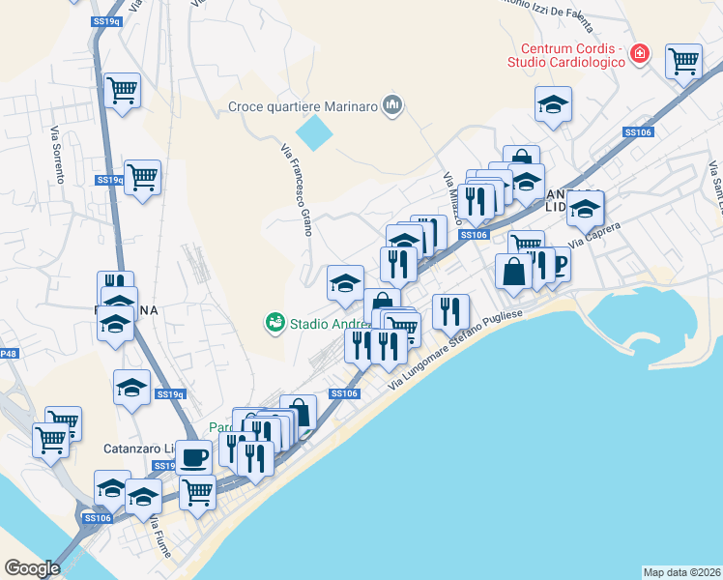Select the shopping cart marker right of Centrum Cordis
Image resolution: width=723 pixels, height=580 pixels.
(683, 62)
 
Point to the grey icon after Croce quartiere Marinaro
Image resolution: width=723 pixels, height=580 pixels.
(391, 104)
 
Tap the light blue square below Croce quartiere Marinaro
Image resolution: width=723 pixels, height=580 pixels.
(312, 131)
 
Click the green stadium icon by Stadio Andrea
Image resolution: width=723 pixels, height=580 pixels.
(275, 323)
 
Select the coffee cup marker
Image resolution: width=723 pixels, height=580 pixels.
(195, 456)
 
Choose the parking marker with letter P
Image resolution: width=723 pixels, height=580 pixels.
(558, 264)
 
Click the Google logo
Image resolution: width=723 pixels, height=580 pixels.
(32, 568)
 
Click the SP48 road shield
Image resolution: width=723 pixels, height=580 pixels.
(7, 355)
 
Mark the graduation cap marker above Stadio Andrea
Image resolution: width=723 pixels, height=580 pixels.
(345, 283)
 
